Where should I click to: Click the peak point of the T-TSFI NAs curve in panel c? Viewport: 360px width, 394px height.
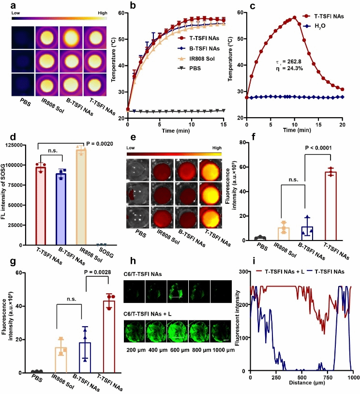click(294, 17)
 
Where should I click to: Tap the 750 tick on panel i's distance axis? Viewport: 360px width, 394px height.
click(328, 378)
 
